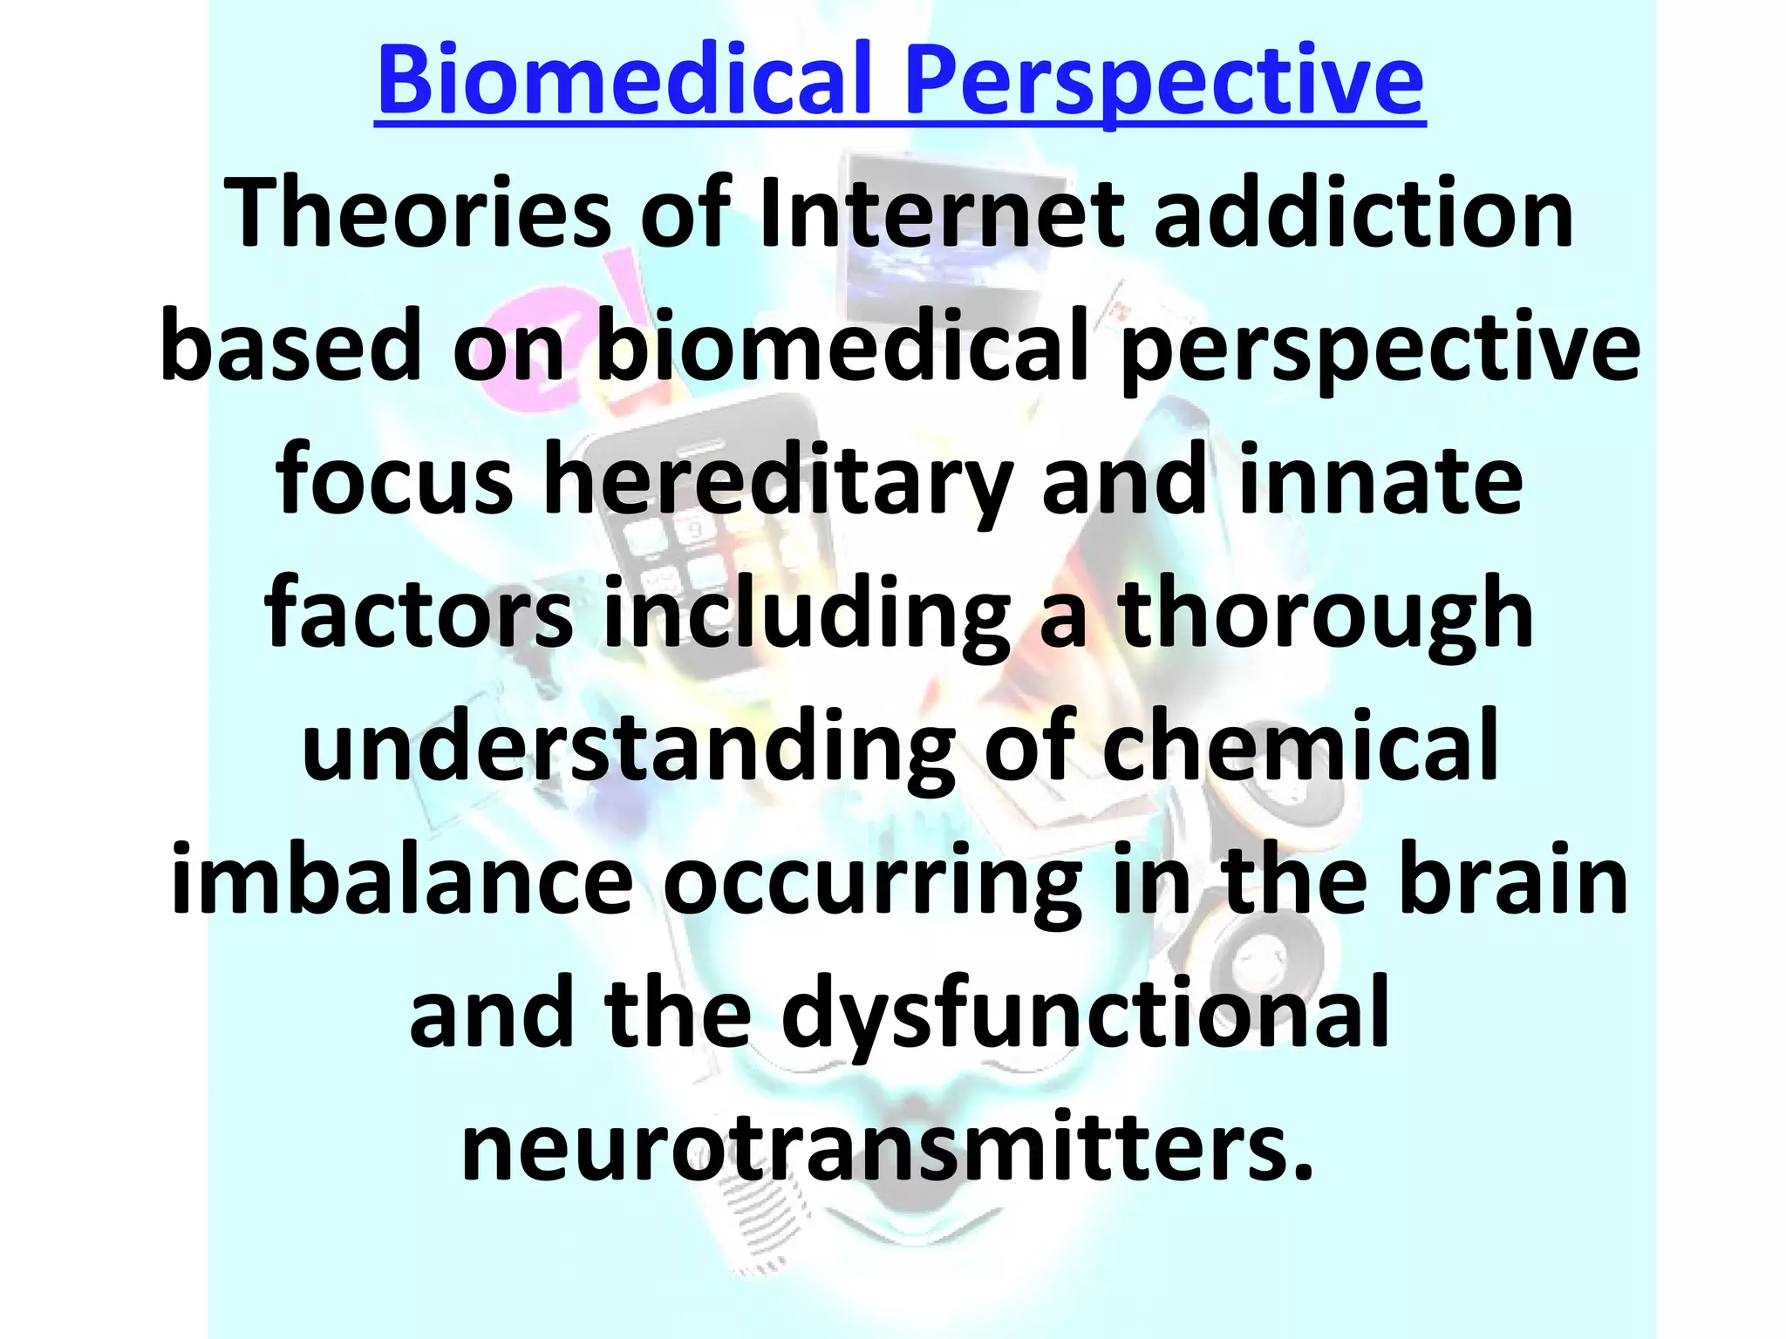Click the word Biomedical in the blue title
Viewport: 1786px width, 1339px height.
[x=624, y=80]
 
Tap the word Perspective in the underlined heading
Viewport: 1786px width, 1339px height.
[x=1163, y=80]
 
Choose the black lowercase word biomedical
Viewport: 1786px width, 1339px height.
[x=842, y=347]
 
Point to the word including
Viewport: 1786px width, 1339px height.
[x=807, y=615]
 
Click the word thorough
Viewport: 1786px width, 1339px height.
[x=1326, y=615]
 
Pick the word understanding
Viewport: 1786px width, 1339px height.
[x=629, y=748]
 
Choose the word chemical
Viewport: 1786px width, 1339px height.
[x=1300, y=748]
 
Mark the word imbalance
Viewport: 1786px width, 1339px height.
[x=402, y=881]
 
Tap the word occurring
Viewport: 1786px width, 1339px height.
[x=872, y=881]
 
